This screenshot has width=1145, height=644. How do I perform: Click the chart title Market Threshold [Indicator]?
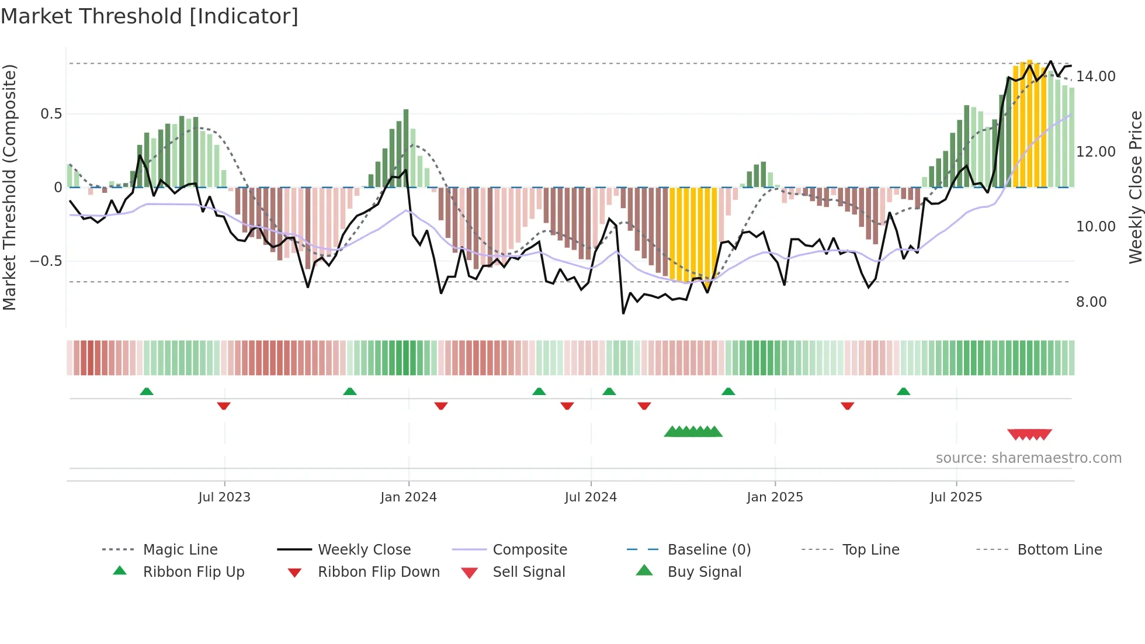tap(150, 16)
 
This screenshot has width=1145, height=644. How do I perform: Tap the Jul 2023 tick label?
tap(224, 497)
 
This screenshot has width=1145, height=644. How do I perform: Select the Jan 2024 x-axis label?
tap(408, 497)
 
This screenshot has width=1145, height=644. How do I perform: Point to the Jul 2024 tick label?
tap(591, 497)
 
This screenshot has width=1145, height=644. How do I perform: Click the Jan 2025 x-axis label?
tap(775, 497)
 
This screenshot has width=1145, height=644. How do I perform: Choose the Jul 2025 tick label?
tap(956, 497)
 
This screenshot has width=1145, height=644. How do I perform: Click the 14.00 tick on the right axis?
tap(1096, 77)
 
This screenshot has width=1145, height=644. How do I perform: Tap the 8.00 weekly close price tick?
tap(1091, 302)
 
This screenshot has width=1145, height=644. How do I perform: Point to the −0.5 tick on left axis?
tap(46, 261)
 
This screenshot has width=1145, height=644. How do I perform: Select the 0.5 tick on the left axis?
tap(51, 114)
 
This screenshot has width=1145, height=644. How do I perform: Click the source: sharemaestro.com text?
tap(1028, 458)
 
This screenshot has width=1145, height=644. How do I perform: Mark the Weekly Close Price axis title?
tap(1135, 187)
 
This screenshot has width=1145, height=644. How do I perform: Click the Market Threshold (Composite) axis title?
tap(9, 187)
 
